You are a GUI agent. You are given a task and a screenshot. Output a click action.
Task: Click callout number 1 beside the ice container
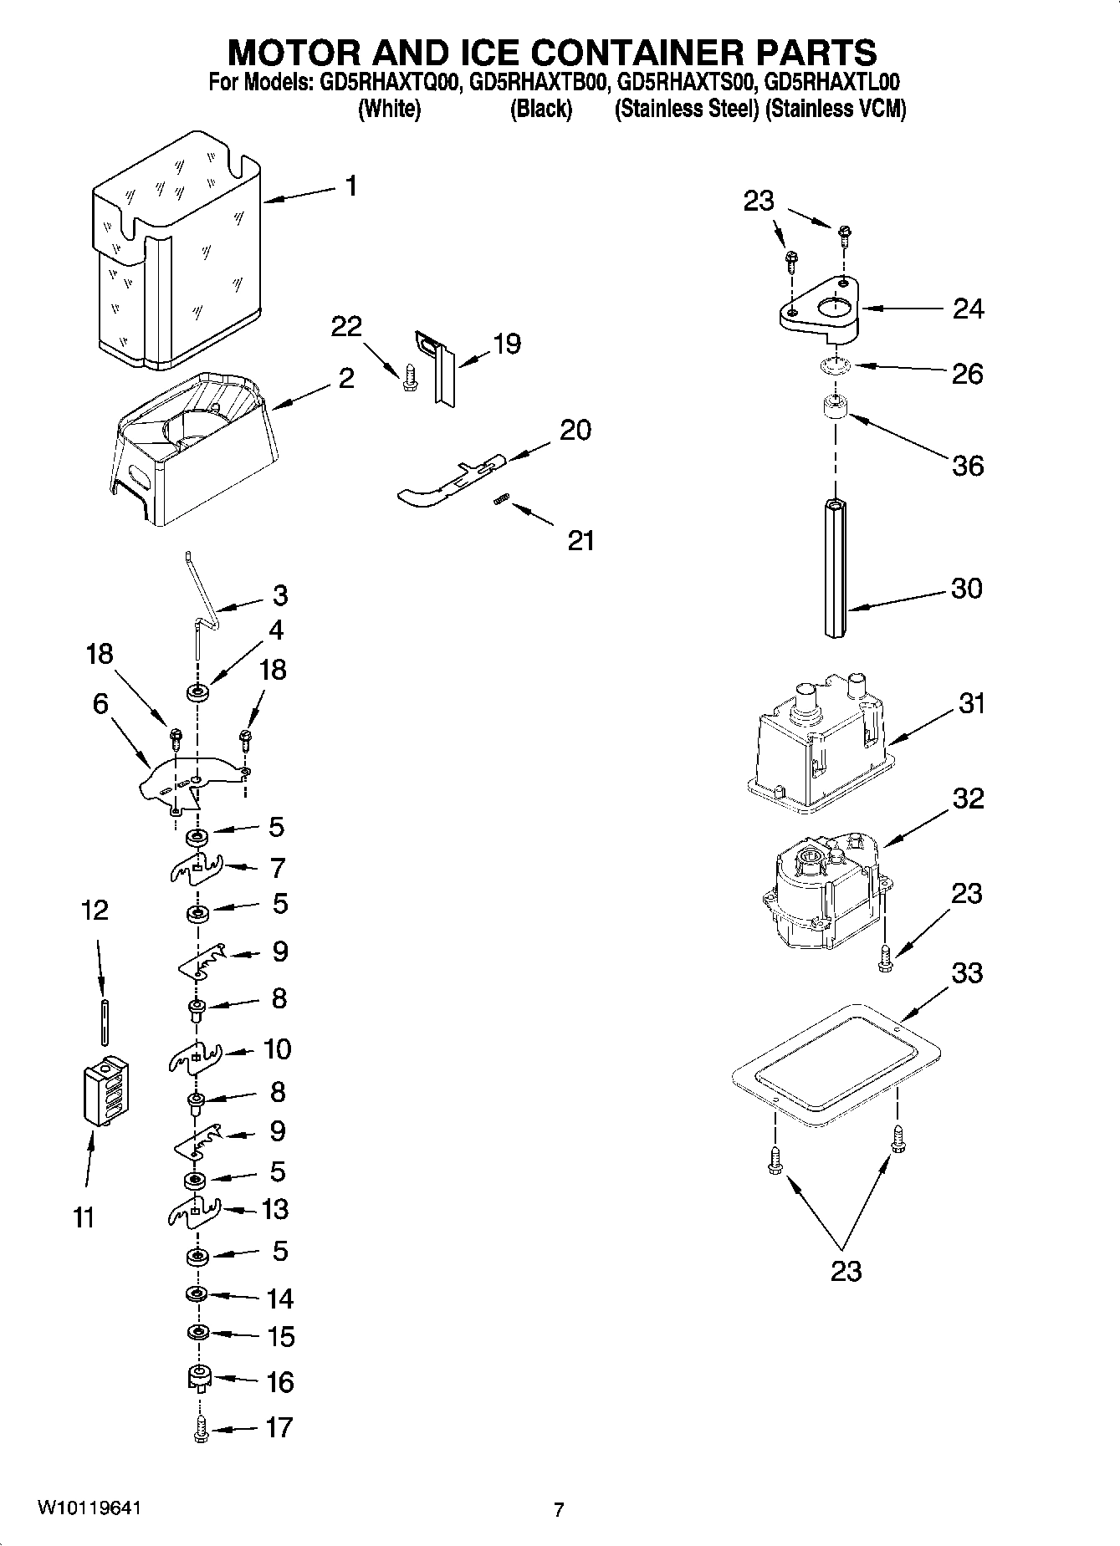(351, 186)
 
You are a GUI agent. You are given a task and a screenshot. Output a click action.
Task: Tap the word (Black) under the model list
(540, 109)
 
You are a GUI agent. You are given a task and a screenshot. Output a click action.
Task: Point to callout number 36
(967, 465)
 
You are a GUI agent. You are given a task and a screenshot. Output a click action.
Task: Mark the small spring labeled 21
(499, 499)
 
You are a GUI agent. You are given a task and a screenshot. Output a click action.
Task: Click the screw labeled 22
(408, 378)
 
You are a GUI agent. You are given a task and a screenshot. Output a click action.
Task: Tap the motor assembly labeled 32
(825, 895)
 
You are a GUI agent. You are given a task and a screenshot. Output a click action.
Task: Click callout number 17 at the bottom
(279, 1427)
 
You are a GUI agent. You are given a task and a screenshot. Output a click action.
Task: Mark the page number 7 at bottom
(559, 1510)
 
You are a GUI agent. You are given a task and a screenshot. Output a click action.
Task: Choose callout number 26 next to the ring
(967, 373)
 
